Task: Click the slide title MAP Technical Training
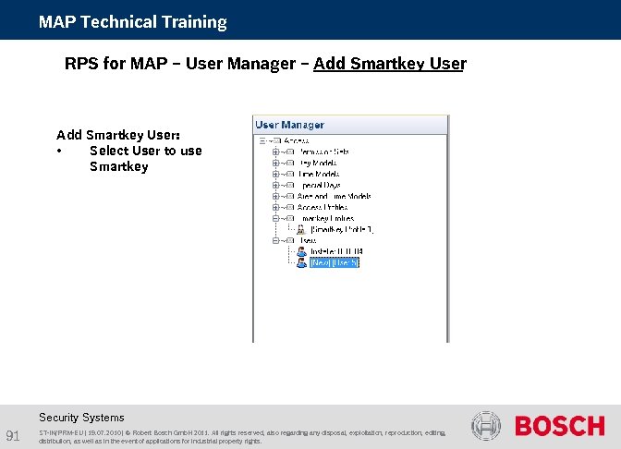132,21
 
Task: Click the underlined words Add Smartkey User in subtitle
389,64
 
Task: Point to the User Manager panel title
289,125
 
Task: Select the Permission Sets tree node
323,151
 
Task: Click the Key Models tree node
318,162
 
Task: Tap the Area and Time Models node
335,196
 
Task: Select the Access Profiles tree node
323,207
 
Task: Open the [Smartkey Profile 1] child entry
342,229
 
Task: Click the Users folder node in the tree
307,240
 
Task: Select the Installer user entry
336,251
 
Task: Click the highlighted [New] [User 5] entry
335,262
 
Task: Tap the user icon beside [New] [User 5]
300,262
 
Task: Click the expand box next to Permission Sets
275,151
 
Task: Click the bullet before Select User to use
59,152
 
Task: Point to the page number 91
13,435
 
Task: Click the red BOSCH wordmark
559,426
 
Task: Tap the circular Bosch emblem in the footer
486,426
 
